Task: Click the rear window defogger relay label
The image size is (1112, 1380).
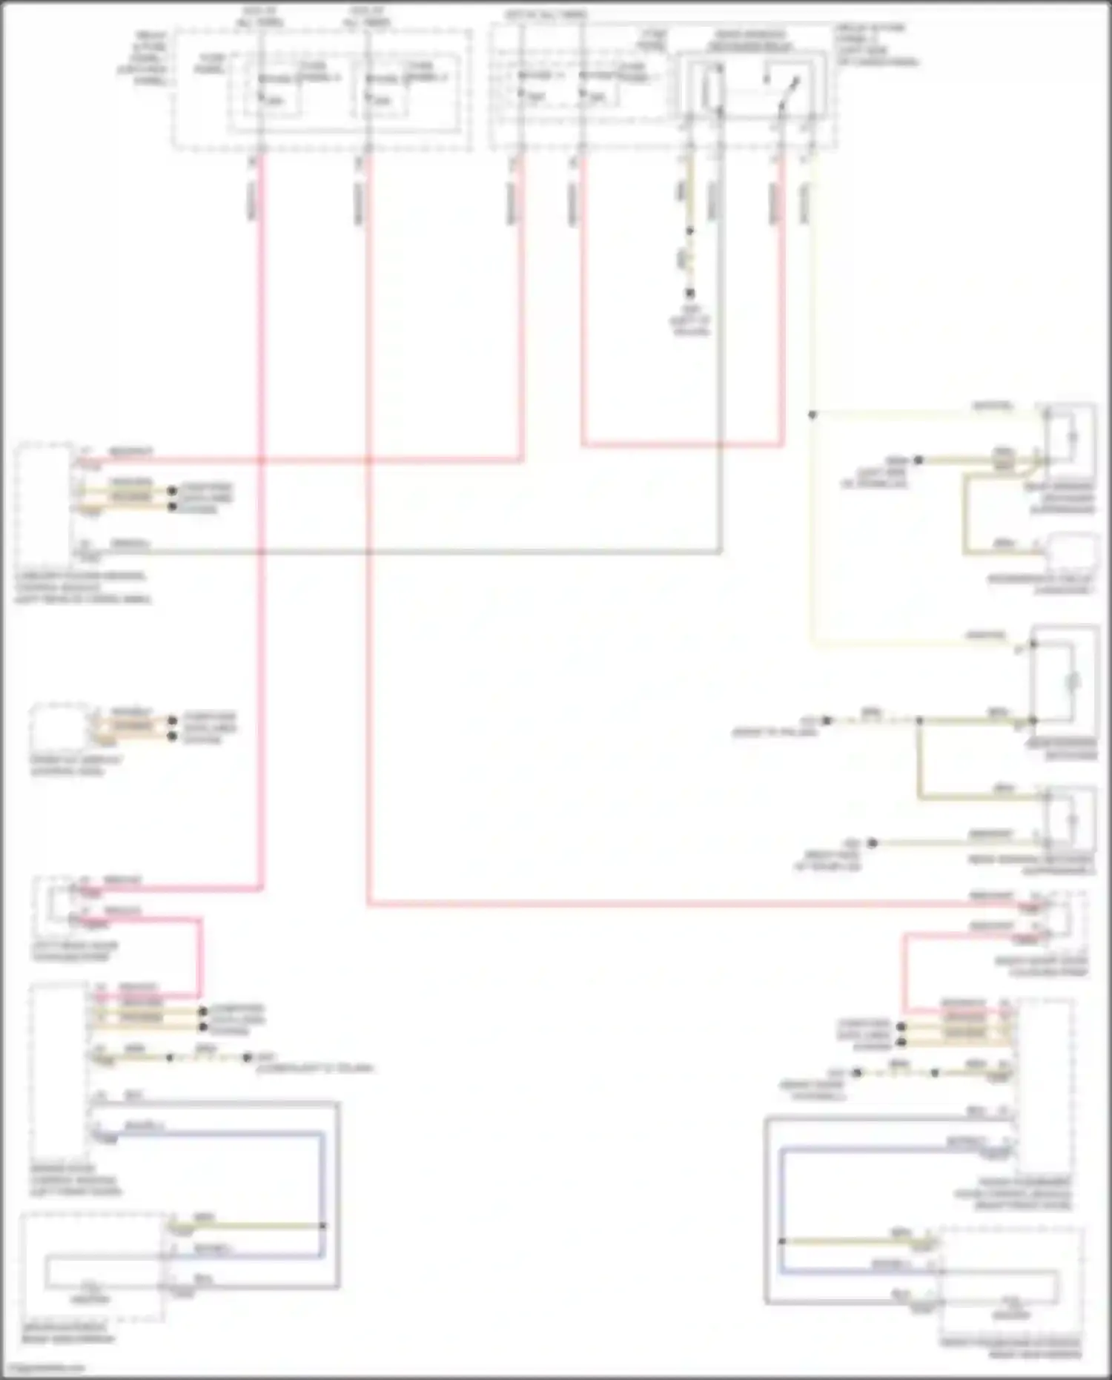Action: coord(749,41)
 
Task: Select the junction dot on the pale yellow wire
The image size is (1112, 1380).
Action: coord(812,415)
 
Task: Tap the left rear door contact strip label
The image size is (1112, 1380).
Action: coord(74,951)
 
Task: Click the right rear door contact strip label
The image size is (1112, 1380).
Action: coord(1042,966)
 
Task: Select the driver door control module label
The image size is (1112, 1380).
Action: coord(74,1180)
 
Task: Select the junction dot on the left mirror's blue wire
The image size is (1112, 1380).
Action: coord(322,1226)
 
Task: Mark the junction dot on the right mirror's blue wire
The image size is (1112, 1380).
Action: coord(782,1241)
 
